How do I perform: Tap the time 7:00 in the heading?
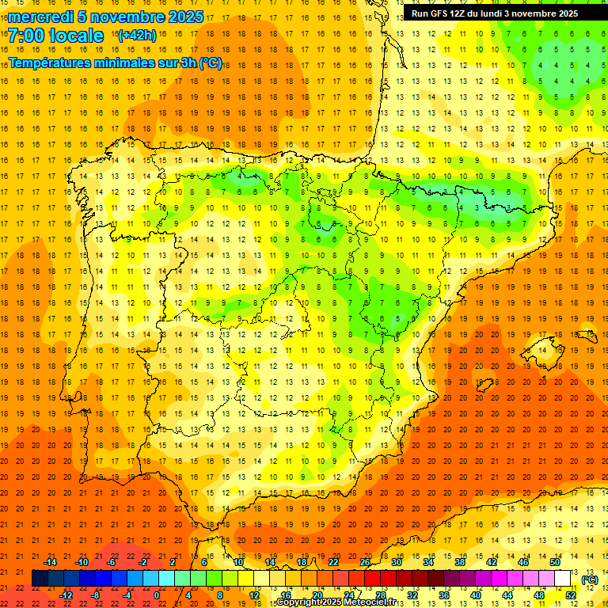click(x=32, y=36)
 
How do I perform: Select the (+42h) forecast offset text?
click(x=136, y=36)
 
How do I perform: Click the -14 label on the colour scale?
click(x=50, y=561)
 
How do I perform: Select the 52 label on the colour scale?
click(x=570, y=595)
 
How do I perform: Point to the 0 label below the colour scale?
click(x=157, y=595)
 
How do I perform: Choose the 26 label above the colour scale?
click(x=364, y=561)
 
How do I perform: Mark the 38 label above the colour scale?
click(x=459, y=561)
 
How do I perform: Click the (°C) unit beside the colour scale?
click(x=589, y=579)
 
